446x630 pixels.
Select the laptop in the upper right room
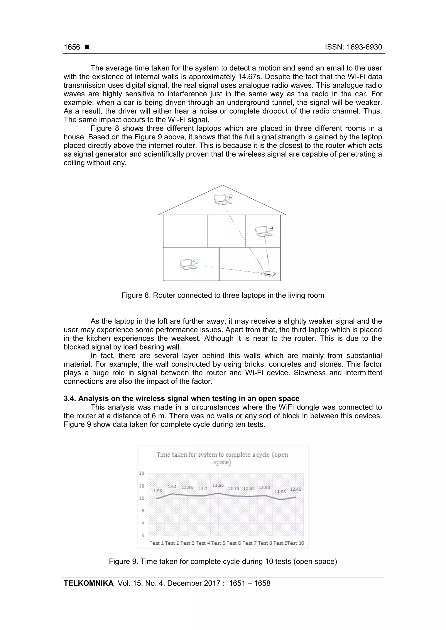pos(263,231)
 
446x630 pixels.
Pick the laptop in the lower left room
pos(188,264)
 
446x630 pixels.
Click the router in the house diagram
pos(269,274)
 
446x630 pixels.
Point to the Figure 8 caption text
pos(223,295)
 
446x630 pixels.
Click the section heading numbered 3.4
pos(181,398)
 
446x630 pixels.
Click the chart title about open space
pos(222,458)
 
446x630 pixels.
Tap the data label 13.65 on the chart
pos(218,485)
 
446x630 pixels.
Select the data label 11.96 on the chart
pos(156,491)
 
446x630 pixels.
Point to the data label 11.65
pos(280,492)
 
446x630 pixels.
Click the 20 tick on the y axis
pos(142,473)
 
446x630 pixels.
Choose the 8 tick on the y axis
pos(143,511)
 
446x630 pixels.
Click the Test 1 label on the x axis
pos(157,543)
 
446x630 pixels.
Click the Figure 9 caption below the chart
pos(223,561)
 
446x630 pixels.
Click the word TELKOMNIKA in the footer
pos(88,583)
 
